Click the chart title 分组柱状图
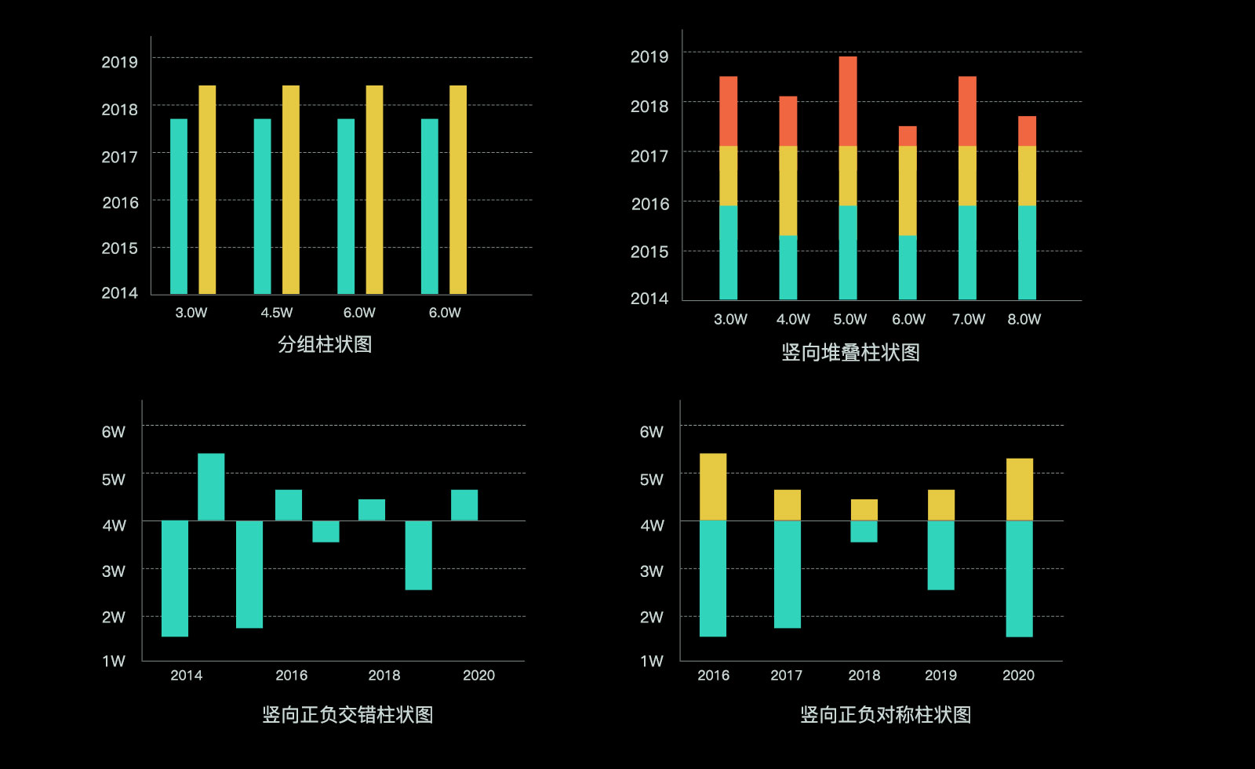(x=325, y=344)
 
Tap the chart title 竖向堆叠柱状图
(x=850, y=353)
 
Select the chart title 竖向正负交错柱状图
(x=347, y=715)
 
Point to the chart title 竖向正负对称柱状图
(x=886, y=715)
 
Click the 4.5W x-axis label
(x=276, y=313)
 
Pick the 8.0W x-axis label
(x=1024, y=319)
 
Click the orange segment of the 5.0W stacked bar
(x=848, y=101)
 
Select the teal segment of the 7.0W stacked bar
(x=967, y=252)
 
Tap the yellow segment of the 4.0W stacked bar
(x=788, y=190)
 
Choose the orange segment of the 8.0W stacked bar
(x=1027, y=131)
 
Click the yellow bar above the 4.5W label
(x=290, y=190)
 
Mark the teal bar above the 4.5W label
(x=262, y=206)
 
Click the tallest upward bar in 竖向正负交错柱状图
(x=211, y=487)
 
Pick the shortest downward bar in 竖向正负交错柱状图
(x=326, y=531)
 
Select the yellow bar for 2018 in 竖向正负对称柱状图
(x=864, y=510)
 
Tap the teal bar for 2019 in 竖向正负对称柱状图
(x=940, y=555)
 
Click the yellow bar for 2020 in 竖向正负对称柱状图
(x=1019, y=489)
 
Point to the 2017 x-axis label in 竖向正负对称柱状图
(x=786, y=676)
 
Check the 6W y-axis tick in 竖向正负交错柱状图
(x=113, y=432)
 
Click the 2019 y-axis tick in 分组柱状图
(x=119, y=62)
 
